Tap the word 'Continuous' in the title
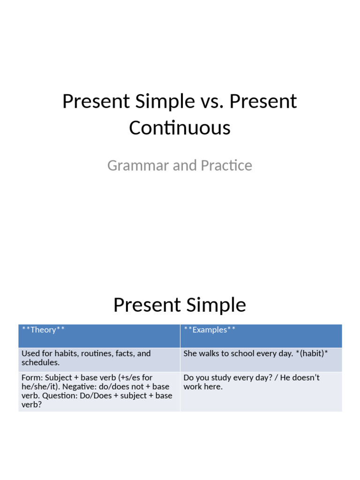click(x=180, y=127)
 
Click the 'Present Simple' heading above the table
click(x=180, y=305)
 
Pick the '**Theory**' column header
click(x=43, y=330)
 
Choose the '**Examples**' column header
click(x=210, y=330)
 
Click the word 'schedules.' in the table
click(x=40, y=363)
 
